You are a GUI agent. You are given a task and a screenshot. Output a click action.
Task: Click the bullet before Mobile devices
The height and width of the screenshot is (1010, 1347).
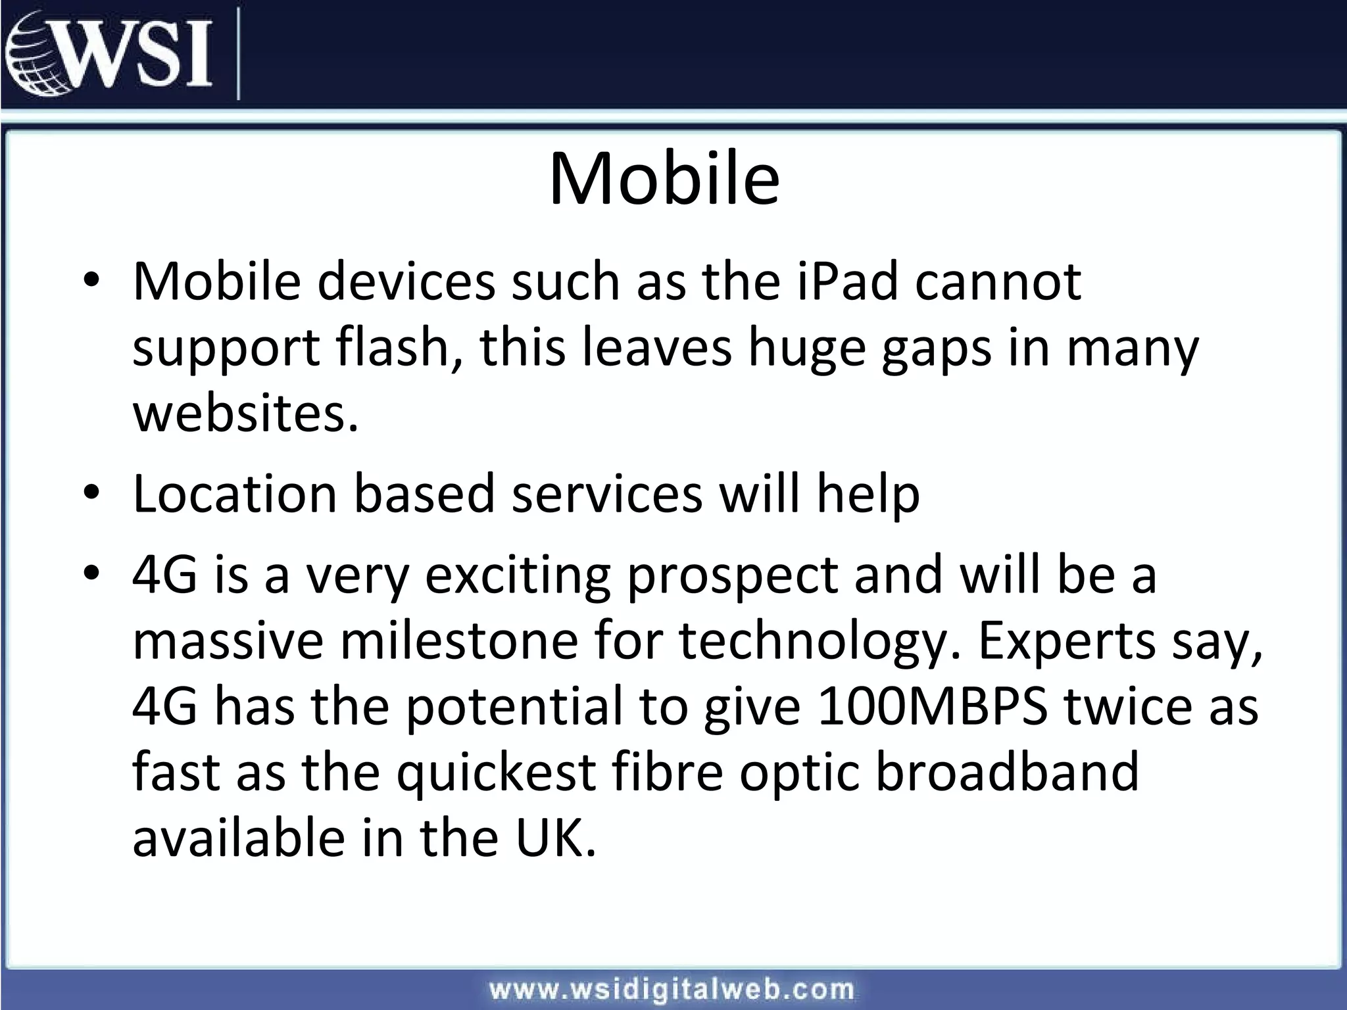pyautogui.click(x=91, y=280)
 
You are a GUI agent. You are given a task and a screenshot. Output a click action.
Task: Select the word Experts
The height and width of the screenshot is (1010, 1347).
pyautogui.click(x=1066, y=640)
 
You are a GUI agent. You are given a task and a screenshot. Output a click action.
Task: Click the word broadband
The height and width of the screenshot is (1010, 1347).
pyautogui.click(x=1006, y=772)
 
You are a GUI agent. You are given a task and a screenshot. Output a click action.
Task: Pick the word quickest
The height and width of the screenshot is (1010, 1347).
pyautogui.click(x=496, y=772)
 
